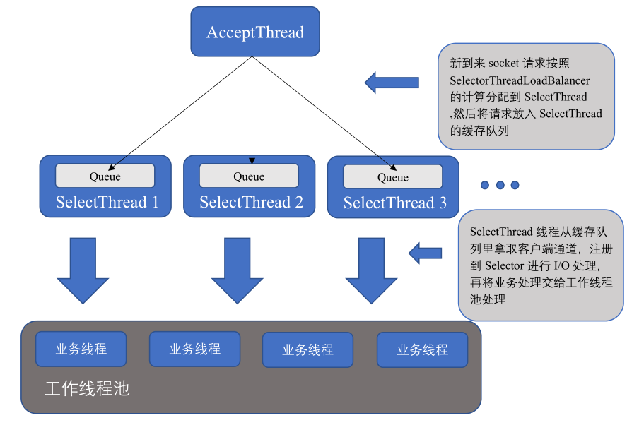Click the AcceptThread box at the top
coord(254,32)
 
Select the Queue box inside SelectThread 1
coord(105,176)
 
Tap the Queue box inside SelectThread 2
coord(249,176)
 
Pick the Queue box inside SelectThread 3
coord(392,176)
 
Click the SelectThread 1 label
coord(107,203)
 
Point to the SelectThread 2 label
coord(251,203)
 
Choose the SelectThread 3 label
coord(394,203)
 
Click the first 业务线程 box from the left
coord(81,349)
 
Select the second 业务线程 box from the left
coord(195,349)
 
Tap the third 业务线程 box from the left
coord(307,349)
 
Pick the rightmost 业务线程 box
coord(422,349)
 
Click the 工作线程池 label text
coord(87,389)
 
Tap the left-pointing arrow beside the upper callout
coord(392,83)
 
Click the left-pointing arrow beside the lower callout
coord(426,252)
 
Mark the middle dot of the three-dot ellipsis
coord(500,185)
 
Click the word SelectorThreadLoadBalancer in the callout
coord(520,80)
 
